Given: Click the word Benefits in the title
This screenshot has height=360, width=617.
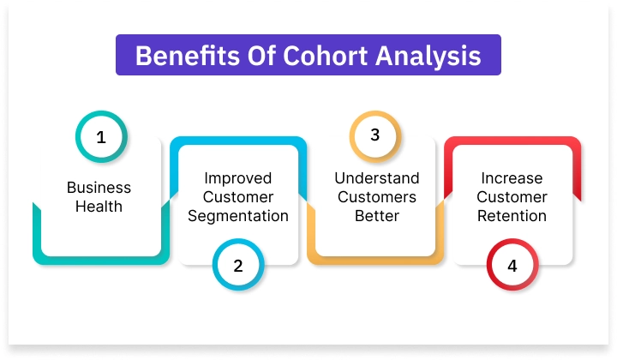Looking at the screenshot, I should (x=176, y=56).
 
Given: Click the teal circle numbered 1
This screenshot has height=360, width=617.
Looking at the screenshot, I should (x=101, y=137).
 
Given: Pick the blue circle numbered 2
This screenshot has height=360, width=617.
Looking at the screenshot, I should (x=238, y=266).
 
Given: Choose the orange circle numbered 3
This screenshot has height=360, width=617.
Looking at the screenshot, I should (x=375, y=137).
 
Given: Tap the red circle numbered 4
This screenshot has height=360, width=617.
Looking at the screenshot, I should (x=512, y=266).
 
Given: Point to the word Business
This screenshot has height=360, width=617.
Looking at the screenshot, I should (x=99, y=188).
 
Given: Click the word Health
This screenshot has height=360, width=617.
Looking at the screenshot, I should (x=99, y=207).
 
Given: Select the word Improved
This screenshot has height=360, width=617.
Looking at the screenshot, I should (x=237, y=178).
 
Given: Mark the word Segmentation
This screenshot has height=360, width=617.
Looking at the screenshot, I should (x=237, y=216).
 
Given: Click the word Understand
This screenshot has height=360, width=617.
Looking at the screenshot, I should (x=377, y=178).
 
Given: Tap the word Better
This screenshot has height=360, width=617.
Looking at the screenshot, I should (x=377, y=216).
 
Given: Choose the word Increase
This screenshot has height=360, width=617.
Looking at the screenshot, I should (x=512, y=178).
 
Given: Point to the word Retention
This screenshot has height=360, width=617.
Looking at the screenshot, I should (x=512, y=216).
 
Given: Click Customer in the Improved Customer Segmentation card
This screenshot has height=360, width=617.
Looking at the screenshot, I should (x=237, y=197).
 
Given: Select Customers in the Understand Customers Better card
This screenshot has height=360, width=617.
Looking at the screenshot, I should (x=377, y=197).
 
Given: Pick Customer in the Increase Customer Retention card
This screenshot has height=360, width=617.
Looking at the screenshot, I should (x=512, y=197).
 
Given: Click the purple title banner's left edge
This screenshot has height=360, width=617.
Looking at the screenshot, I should (x=118, y=56).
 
